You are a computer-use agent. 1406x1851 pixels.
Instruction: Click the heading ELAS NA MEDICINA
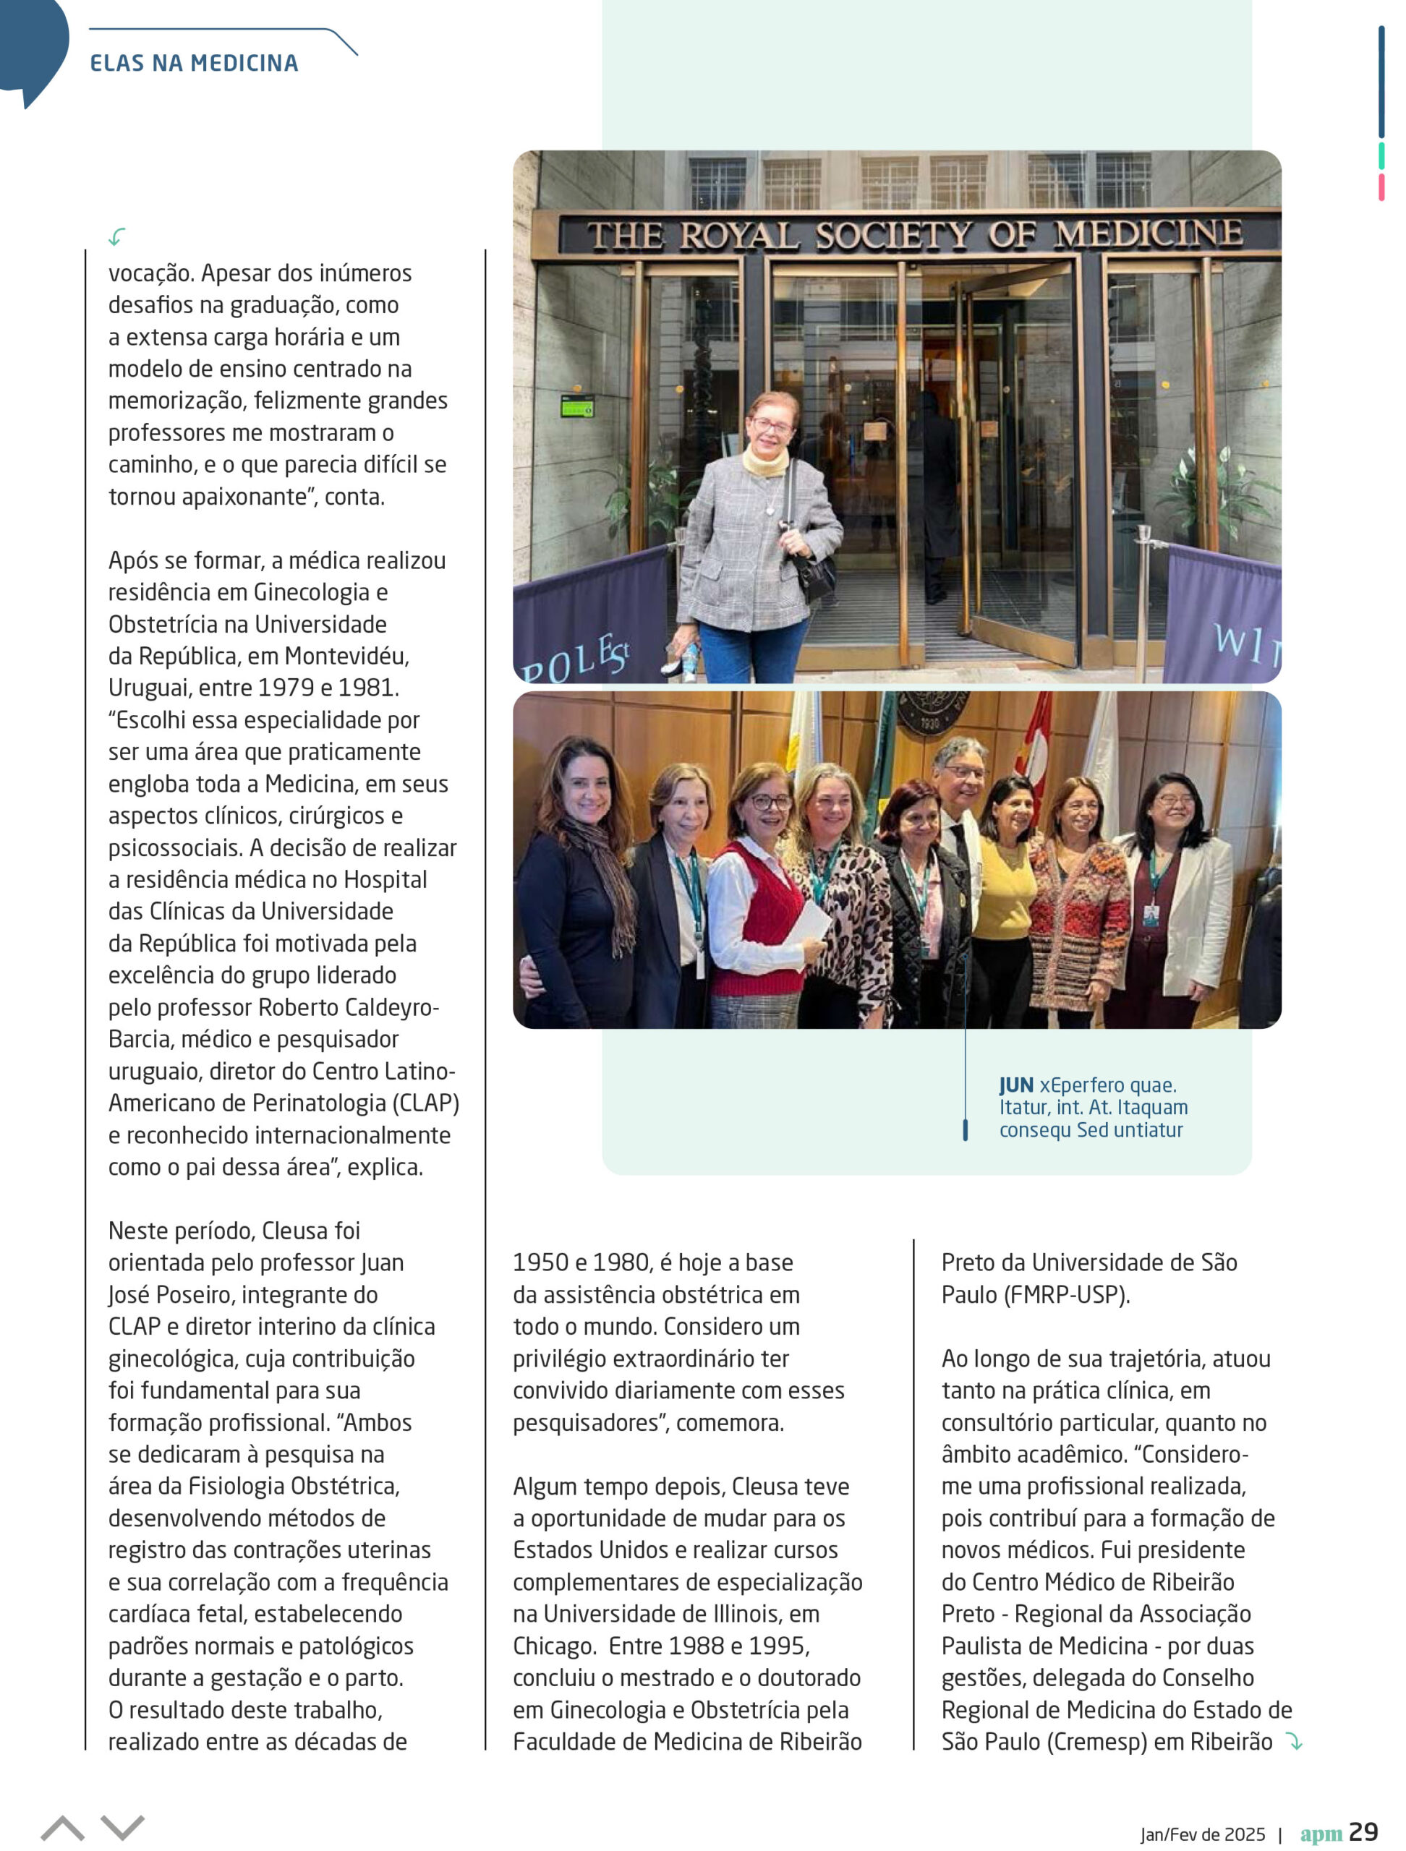coord(193,64)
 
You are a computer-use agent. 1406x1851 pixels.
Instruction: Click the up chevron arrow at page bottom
coord(62,1828)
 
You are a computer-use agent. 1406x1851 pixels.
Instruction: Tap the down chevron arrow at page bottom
coord(122,1828)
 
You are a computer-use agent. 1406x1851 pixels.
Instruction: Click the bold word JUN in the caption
coord(1015,1085)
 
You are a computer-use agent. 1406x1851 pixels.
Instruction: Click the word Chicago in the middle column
coord(554,1646)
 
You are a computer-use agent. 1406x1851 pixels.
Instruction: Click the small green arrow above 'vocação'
coord(117,237)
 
